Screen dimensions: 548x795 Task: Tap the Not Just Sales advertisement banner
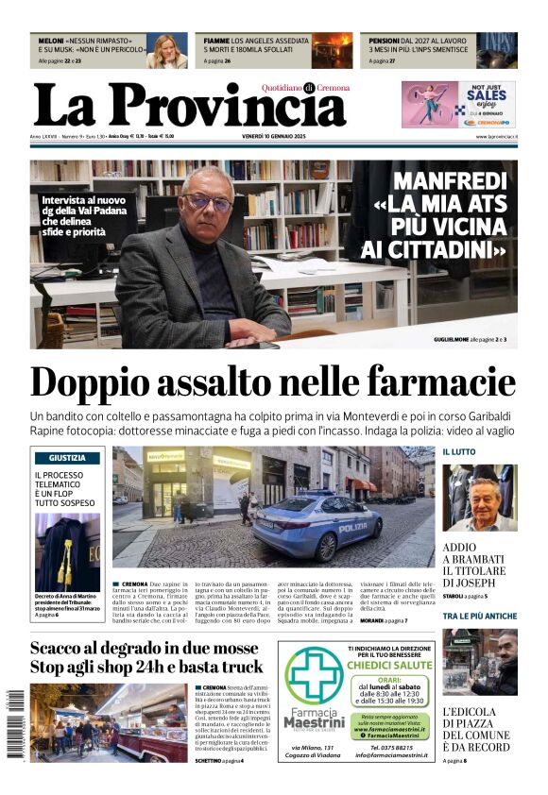point(458,104)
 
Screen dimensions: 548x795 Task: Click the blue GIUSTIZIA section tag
point(68,458)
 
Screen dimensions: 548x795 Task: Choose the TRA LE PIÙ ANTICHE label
point(479,616)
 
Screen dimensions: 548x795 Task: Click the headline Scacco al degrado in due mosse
point(144,649)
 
